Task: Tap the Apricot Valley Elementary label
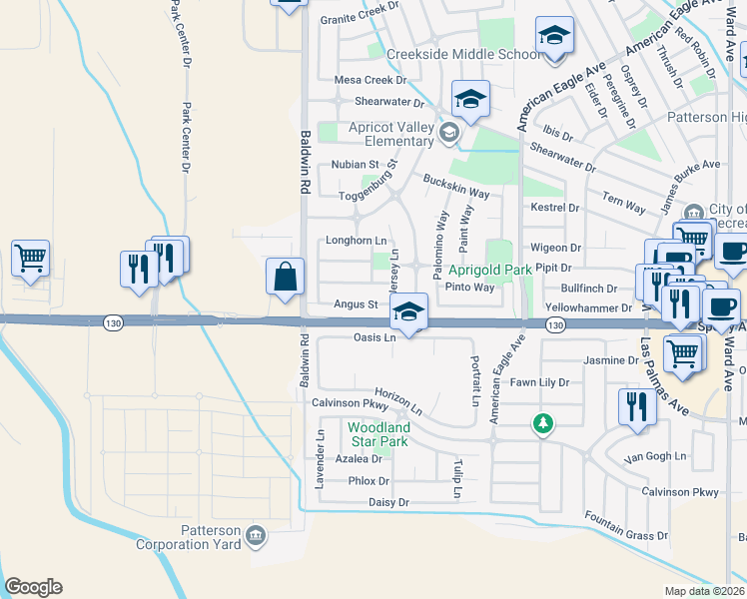click(391, 134)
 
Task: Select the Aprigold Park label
click(489, 270)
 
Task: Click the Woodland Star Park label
click(378, 434)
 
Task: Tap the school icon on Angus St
click(408, 311)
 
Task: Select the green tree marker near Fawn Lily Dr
click(542, 425)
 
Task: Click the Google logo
click(33, 587)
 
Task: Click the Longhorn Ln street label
click(356, 241)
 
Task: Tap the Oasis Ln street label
click(375, 337)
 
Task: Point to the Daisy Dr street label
click(388, 502)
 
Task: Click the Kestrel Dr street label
click(556, 208)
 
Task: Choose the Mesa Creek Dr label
click(371, 80)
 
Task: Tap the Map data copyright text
click(705, 591)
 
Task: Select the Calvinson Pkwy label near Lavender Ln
click(349, 403)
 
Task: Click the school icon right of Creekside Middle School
click(554, 38)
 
